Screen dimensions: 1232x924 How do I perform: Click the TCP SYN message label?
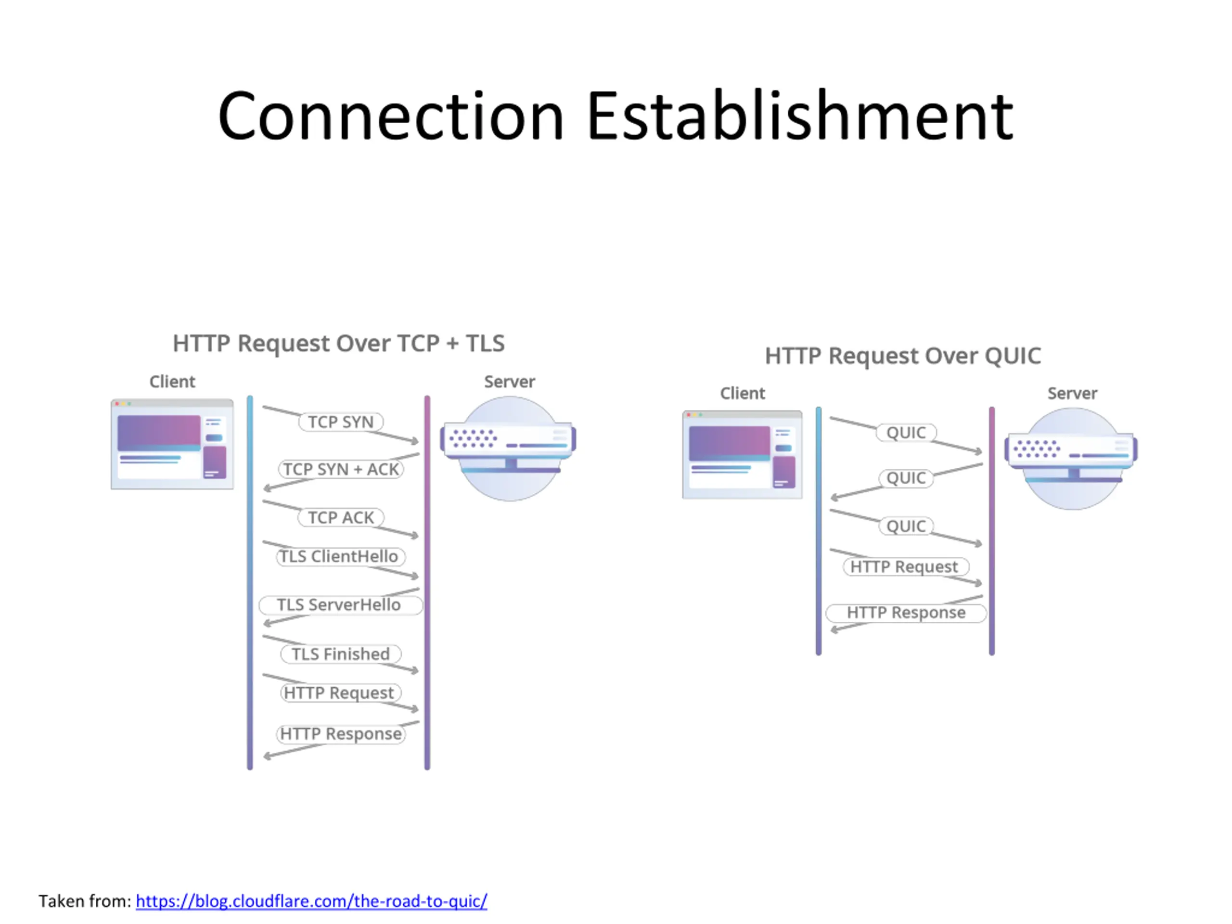tap(341, 422)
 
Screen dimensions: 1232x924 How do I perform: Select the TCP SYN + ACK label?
tap(341, 469)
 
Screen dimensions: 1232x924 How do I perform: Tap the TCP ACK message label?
tap(341, 517)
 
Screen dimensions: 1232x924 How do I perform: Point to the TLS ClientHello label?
tap(340, 556)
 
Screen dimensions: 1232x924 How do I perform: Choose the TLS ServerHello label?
tap(340, 605)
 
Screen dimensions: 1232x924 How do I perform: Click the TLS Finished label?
tap(340, 654)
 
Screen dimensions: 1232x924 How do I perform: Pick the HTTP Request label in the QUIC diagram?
tap(906, 567)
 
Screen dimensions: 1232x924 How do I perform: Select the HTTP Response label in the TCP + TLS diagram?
tap(340, 734)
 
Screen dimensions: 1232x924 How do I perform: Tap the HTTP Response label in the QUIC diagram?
tap(906, 613)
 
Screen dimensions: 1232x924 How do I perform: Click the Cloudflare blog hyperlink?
tap(311, 901)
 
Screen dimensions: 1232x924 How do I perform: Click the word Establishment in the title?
tap(800, 116)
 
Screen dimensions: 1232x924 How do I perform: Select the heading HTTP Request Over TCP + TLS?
tap(339, 343)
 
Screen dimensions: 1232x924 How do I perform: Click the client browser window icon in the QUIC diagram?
tap(743, 454)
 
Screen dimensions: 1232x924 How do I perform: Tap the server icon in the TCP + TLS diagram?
tap(509, 449)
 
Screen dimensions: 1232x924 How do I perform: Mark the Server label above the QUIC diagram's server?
tap(1072, 393)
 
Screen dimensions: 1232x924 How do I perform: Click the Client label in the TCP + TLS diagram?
tap(172, 382)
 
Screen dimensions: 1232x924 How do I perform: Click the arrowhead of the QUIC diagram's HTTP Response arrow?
tap(834, 630)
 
